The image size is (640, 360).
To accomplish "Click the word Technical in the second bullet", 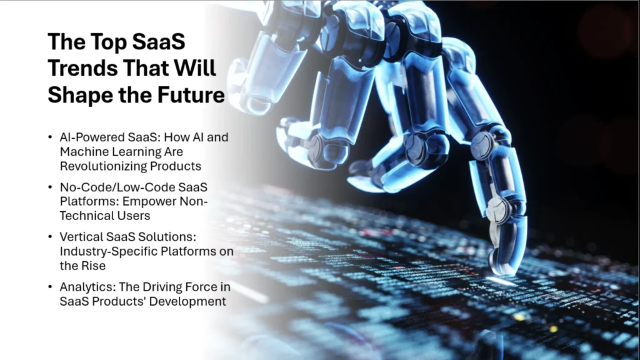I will pos(84,215).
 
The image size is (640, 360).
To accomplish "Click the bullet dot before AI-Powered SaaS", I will pos(50,137).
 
